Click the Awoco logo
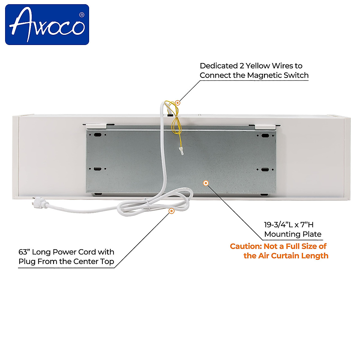(x=47, y=25)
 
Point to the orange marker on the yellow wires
(x=177, y=103)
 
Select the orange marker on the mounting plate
(x=206, y=183)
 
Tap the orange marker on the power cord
(x=171, y=211)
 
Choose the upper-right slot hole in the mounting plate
(x=264, y=136)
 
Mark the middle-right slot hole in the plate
(x=264, y=170)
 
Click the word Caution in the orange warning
(x=245, y=246)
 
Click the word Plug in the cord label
(x=27, y=262)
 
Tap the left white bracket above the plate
(x=95, y=125)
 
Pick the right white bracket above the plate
(x=266, y=126)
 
